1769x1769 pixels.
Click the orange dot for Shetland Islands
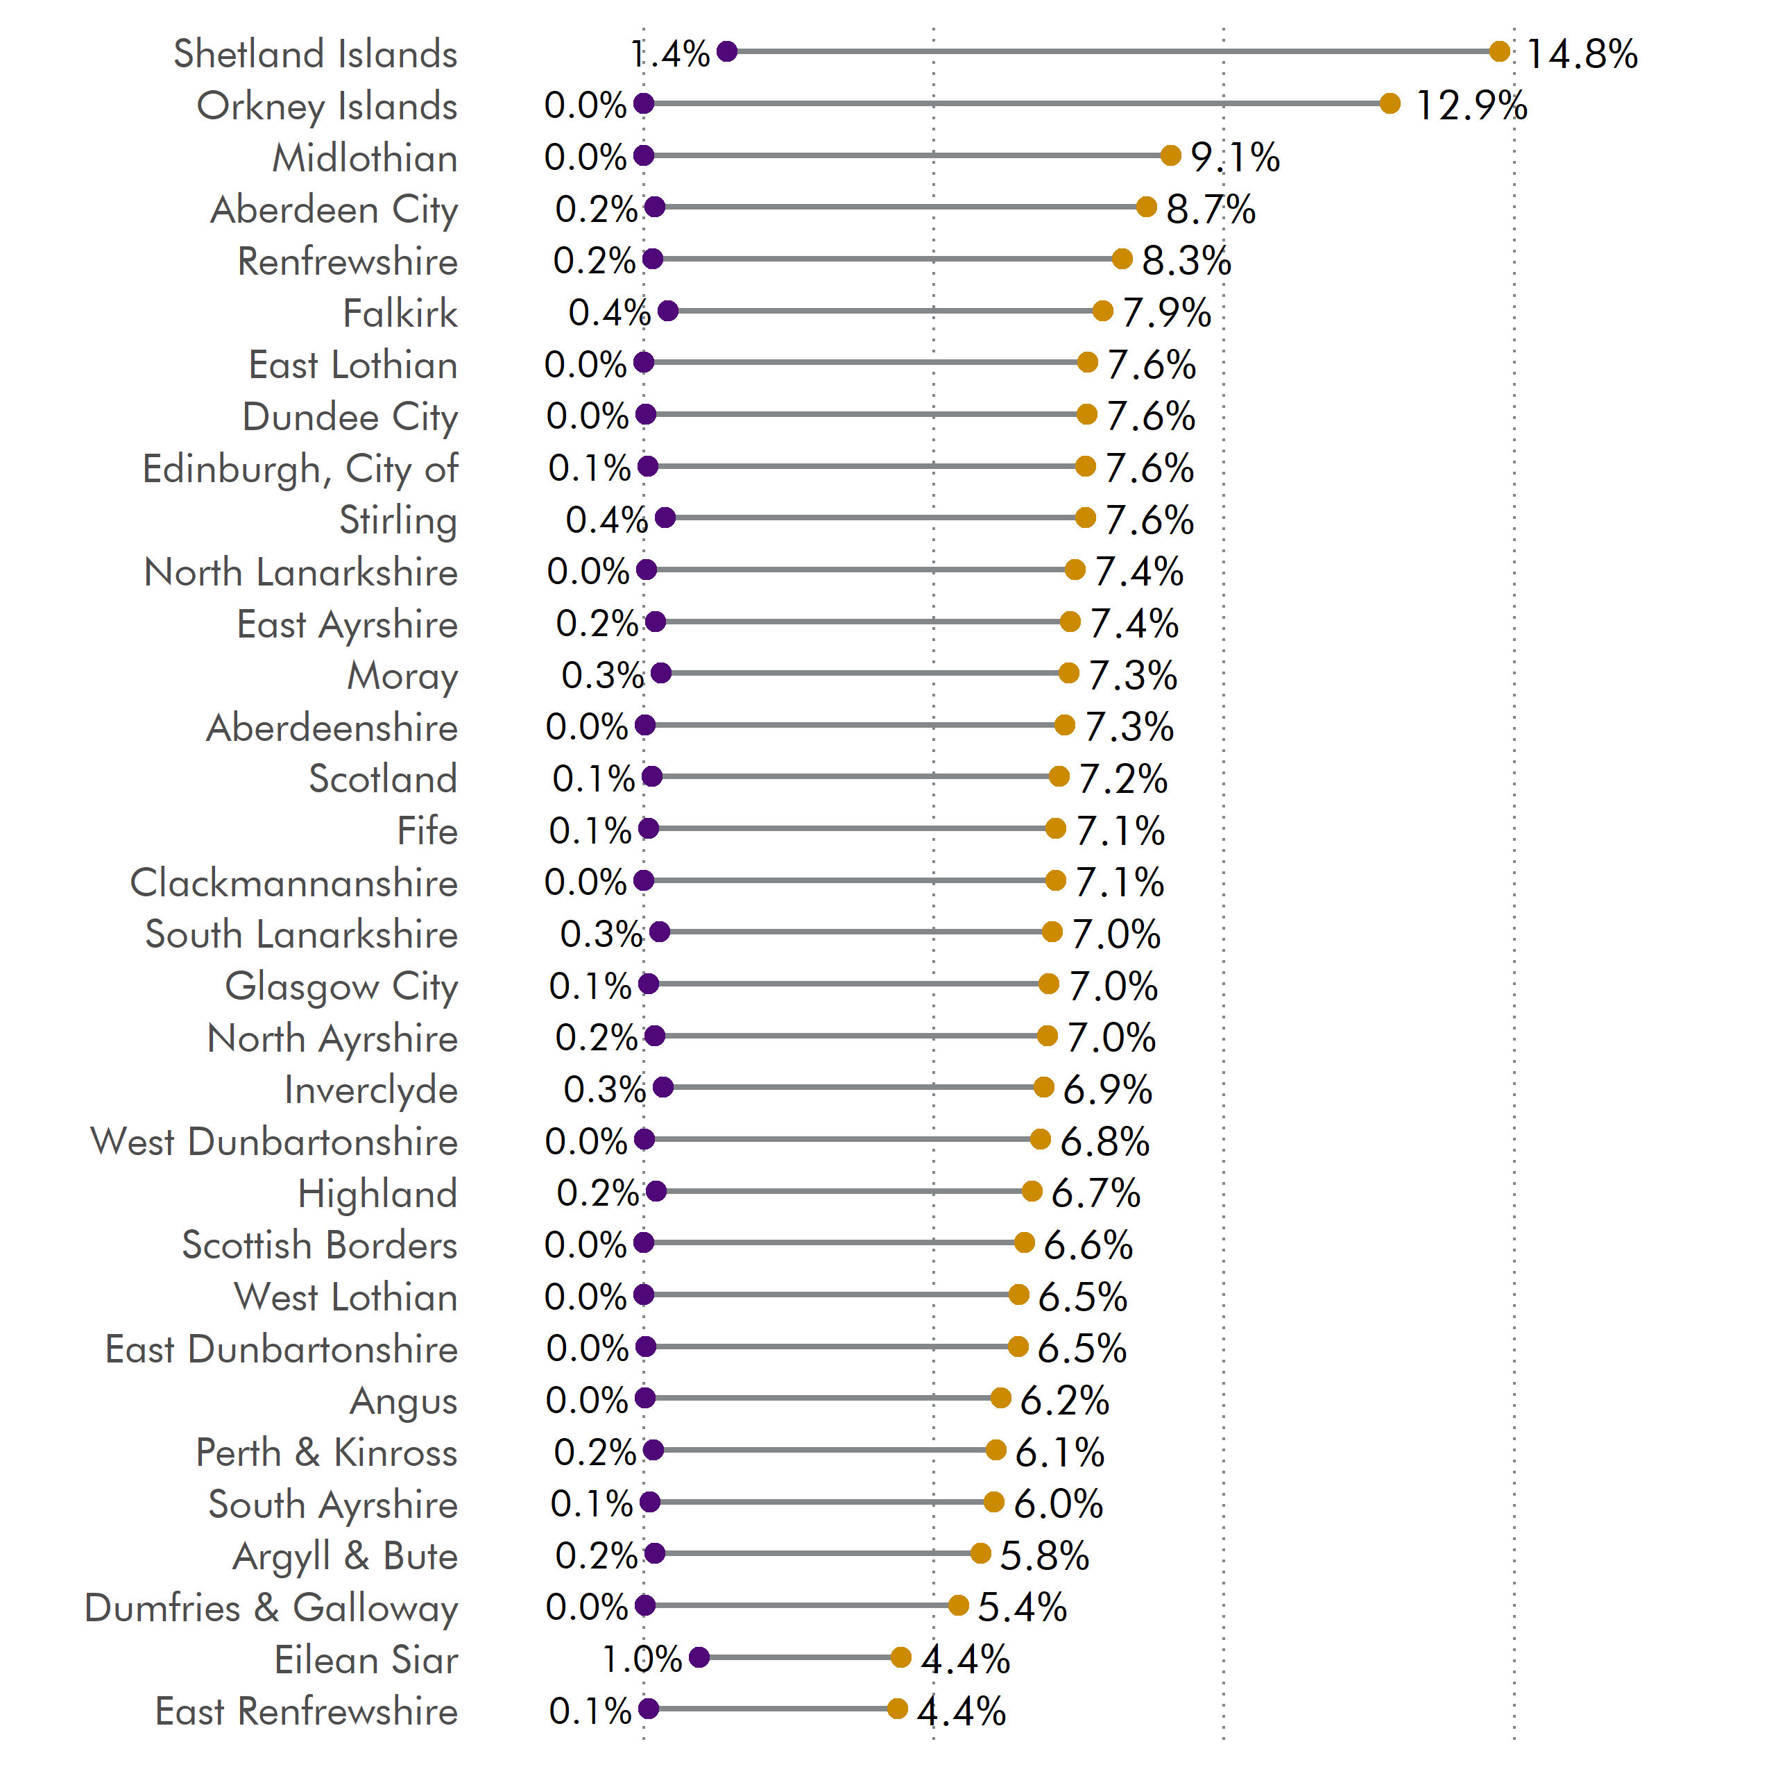1499,51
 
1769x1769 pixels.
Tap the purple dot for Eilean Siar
699,1657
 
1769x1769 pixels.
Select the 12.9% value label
1471,105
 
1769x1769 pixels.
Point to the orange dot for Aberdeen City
1146,207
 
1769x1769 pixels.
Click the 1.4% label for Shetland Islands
670,54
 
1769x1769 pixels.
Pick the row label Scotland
383,779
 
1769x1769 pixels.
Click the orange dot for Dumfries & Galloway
959,1605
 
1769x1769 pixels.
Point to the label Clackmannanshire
294,882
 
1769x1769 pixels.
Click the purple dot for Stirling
666,518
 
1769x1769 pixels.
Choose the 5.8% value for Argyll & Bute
1044,1555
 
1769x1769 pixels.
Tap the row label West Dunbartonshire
274,1142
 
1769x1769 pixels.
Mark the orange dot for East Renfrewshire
897,1709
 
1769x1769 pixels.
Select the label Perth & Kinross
326,1452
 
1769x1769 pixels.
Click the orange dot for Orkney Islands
1390,103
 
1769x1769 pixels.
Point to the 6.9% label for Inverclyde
1107,1090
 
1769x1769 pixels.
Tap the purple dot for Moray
661,674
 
